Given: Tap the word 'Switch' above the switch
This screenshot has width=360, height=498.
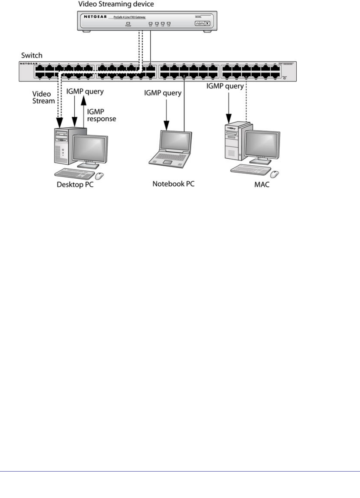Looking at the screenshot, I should pos(31,56).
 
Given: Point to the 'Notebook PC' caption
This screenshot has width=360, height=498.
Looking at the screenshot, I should pos(173,184).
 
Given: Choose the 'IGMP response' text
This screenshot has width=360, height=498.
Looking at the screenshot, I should pos(102,115).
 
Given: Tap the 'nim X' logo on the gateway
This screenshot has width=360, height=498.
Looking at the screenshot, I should pos(202,23).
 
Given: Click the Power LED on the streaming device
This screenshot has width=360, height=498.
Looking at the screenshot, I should pos(128,23).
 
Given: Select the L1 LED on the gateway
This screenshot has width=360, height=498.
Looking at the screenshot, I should pos(151,23).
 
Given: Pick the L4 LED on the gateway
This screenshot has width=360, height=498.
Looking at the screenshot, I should pos(168,23).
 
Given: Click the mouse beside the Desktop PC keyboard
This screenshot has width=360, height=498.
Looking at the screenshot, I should pos(99,176).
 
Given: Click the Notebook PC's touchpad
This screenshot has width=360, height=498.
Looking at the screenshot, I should pos(168,162).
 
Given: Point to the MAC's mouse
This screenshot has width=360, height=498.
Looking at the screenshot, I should pos(275,174).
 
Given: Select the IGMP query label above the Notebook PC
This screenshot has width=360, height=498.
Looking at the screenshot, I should pos(163,93).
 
